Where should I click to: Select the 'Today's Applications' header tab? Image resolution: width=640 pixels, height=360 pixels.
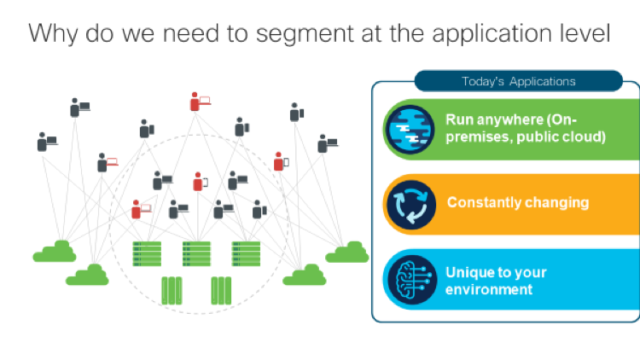[518, 82]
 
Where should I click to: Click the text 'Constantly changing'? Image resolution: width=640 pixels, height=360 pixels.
[517, 203]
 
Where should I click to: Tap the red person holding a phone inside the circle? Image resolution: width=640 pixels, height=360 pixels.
[199, 181]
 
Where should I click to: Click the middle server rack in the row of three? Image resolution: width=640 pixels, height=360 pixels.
[196, 253]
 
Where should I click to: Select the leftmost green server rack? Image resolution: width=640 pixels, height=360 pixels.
[147, 253]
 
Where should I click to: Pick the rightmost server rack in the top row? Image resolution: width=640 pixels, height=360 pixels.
[246, 253]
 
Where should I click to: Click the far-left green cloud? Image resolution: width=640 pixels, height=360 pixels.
[55, 252]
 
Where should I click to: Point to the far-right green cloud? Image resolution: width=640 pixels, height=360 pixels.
[346, 253]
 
